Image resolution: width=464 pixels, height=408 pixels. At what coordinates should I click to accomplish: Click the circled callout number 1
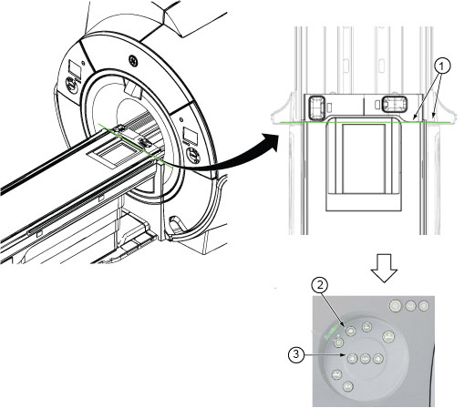coord(442,66)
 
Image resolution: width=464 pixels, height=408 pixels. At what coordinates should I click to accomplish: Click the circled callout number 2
coord(320,285)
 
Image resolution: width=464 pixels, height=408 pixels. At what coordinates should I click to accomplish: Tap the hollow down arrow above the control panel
coord(385,268)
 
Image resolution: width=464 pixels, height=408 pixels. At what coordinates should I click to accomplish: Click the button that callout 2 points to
coord(350,331)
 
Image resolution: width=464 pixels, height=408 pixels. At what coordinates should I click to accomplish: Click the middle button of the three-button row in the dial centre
coord(365,359)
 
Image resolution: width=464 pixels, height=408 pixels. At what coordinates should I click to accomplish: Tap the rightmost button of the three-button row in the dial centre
coord(377,359)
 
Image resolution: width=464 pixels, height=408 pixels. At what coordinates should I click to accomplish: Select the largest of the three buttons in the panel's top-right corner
coord(396,306)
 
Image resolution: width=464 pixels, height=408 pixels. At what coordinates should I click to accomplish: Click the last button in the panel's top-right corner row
coord(423,305)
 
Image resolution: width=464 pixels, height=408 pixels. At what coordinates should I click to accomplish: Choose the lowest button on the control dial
coord(348,386)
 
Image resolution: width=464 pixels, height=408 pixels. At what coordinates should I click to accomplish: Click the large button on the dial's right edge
coord(388,336)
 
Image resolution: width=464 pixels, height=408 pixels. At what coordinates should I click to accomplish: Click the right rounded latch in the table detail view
coord(394,104)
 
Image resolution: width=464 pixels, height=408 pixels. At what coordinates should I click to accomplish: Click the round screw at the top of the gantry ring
coord(133,60)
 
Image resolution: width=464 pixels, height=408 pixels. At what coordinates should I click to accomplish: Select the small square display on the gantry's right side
coord(191,136)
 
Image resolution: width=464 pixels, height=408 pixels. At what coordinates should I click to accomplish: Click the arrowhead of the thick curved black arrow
coord(271,142)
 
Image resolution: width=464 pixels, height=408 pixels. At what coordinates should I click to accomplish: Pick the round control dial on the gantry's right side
coord(193,155)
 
